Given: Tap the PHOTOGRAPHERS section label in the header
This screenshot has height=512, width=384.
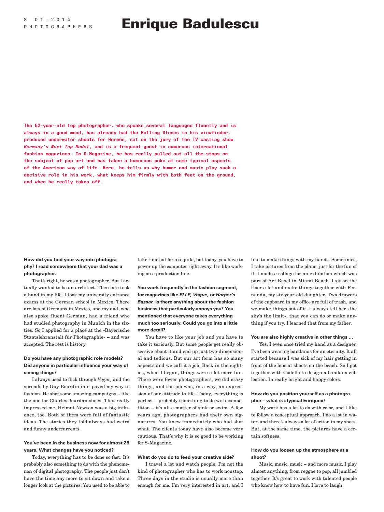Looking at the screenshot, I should [58, 27].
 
